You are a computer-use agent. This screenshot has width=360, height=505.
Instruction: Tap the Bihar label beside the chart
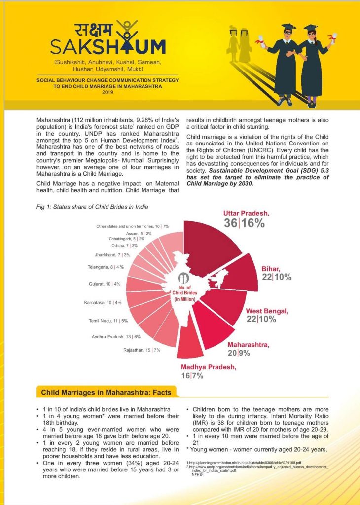coord(276,273)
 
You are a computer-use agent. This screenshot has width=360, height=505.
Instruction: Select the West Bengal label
coord(267,315)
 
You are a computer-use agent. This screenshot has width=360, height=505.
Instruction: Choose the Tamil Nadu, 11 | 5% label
coord(108,321)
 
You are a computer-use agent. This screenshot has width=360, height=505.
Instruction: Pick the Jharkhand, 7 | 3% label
coord(112,255)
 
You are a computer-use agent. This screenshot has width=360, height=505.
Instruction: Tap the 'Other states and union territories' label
coord(132,226)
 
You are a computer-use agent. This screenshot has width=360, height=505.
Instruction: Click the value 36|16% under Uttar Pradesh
coord(245,223)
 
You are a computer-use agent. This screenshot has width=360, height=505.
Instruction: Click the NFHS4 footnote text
coord(198,474)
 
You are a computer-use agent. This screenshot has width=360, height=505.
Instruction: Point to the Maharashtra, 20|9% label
coord(248,349)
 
